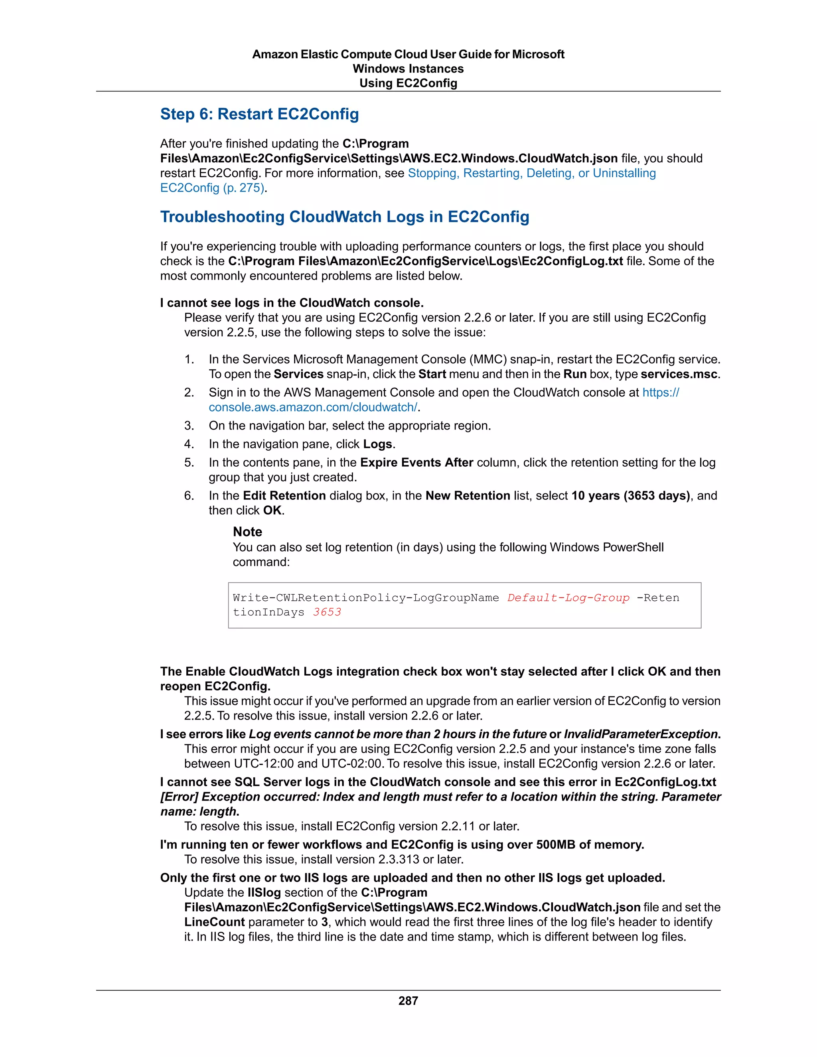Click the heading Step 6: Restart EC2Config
click(259, 114)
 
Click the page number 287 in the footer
click(408, 1001)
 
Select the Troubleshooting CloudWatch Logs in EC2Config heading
click(345, 217)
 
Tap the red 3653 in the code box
click(327, 612)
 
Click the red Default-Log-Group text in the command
click(568, 598)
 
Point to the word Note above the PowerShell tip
click(247, 532)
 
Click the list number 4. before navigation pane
click(189, 444)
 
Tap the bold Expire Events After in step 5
click(416, 463)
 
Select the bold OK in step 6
click(272, 511)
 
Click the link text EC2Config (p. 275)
click(212, 188)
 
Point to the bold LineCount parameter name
click(214, 922)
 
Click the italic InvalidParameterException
click(640, 734)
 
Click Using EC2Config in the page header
click(408, 83)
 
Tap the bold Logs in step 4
click(377, 444)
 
